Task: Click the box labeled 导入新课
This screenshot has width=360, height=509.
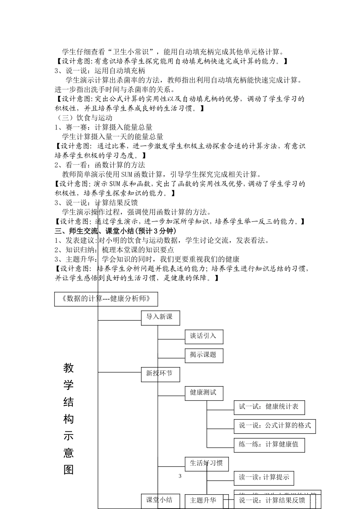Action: [160, 317]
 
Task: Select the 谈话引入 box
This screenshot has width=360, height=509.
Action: [203, 336]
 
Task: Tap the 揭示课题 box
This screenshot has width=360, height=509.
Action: [203, 355]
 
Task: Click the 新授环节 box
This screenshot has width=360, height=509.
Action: [160, 374]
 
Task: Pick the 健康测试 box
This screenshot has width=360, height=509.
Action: [203, 393]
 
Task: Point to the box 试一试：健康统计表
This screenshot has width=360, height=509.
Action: [269, 407]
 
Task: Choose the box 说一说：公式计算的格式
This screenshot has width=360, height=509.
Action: [275, 426]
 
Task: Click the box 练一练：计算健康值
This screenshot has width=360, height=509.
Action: [269, 445]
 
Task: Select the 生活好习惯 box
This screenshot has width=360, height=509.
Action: [207, 463]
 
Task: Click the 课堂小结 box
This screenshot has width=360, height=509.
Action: [160, 500]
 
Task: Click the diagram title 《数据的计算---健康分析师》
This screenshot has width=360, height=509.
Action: [106, 298]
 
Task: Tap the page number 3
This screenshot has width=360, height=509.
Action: [180, 476]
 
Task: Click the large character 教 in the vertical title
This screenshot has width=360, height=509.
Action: [69, 368]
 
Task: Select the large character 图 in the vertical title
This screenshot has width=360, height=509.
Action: [69, 470]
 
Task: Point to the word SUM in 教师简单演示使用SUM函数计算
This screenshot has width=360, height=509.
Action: [127, 175]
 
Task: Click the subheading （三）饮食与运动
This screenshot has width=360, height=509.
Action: [83, 118]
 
